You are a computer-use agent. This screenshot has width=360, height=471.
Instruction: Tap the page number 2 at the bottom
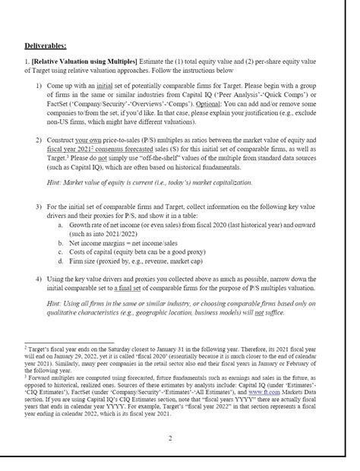click(x=169, y=438)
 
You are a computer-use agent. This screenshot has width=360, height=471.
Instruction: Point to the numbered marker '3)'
click(x=39, y=206)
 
